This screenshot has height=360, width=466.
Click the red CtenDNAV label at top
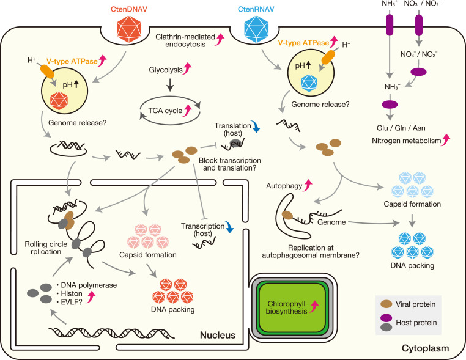point(129,9)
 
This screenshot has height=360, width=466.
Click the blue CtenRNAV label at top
point(256,9)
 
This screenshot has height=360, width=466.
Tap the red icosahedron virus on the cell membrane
point(129,29)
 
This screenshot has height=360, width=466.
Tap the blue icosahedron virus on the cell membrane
point(256,29)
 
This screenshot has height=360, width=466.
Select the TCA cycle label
point(165,111)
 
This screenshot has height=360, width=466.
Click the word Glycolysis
point(166,70)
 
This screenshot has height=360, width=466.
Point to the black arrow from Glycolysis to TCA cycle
point(169,85)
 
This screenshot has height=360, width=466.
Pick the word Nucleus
point(218,335)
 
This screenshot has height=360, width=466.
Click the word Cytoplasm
point(425,348)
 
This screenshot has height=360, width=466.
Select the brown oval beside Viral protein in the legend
point(386,304)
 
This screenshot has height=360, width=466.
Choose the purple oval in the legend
point(386,318)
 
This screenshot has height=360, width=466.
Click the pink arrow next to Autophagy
point(308,185)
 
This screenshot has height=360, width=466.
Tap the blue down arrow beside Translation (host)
point(256,127)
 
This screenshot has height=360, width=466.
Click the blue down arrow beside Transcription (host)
point(229,226)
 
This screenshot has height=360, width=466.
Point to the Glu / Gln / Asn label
point(401,128)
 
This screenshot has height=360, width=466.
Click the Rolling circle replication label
point(46,248)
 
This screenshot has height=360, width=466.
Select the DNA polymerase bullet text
point(89,285)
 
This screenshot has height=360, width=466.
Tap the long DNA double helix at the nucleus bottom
point(111,332)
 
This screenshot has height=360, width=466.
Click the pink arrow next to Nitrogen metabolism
point(446,140)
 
